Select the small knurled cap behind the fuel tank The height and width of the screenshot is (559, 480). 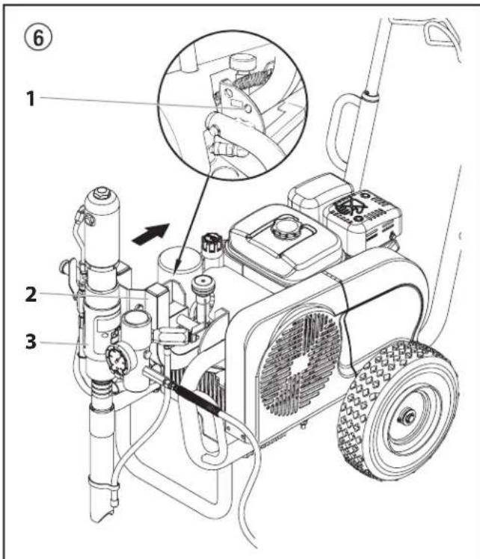pyautogui.click(x=209, y=244)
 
